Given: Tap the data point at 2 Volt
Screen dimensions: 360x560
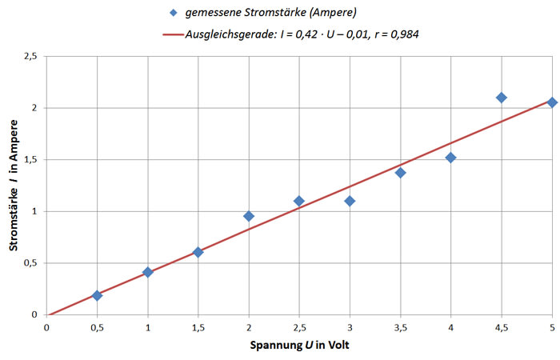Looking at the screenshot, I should coord(249,216).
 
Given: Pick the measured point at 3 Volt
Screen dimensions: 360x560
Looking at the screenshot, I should coord(350,201).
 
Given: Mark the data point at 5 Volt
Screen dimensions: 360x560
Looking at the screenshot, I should coord(551,102).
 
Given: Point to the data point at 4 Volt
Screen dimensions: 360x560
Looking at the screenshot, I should coord(450,158).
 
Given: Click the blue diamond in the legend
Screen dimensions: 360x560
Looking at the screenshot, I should coord(174,14).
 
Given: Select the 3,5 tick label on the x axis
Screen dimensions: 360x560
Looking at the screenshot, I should coord(400,328).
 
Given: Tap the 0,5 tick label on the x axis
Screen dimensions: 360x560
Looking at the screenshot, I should coord(97,328).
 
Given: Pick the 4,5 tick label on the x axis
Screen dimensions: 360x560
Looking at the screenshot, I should coord(501,328).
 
